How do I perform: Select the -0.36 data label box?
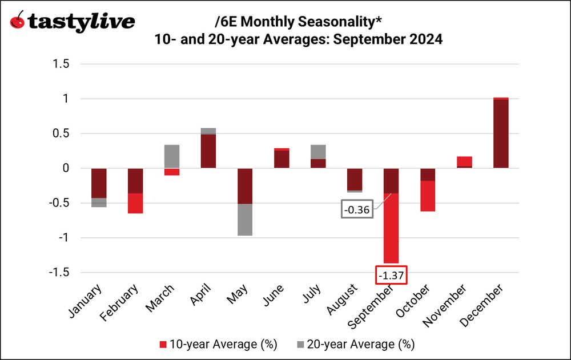click(x=358, y=210)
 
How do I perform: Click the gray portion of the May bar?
click(x=245, y=220)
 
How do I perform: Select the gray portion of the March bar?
click(x=171, y=156)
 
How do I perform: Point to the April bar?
click(x=208, y=151)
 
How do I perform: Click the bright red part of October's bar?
click(x=428, y=196)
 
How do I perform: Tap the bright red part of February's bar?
click(x=135, y=203)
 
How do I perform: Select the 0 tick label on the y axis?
click(x=66, y=168)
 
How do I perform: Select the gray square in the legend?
click(x=300, y=345)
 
